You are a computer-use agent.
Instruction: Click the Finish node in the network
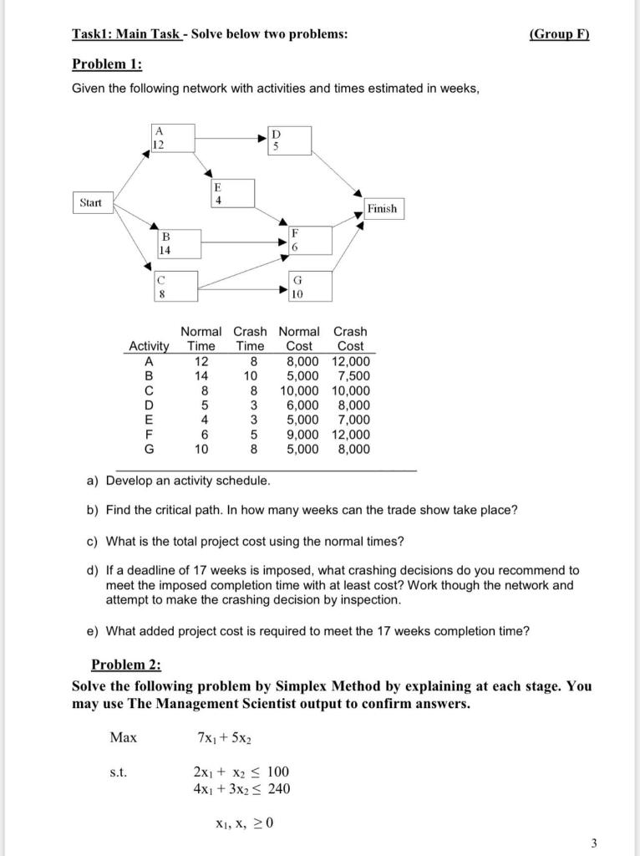coord(382,209)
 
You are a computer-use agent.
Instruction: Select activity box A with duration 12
coord(173,139)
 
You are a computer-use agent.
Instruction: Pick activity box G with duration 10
coord(309,286)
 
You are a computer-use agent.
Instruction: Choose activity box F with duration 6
coord(309,241)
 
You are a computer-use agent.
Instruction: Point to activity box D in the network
coord(289,140)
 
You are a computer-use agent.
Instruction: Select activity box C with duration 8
coord(176,286)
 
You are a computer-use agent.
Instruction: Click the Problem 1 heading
coord(107,64)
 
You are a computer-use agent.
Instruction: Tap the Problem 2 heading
coord(125,665)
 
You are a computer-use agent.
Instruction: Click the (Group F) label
coord(559,34)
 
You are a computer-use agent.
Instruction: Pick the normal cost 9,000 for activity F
coord(302,435)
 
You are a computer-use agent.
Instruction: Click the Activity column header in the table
coord(149,346)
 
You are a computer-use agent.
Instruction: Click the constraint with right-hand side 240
coord(242,788)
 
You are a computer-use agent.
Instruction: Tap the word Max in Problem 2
coord(124,738)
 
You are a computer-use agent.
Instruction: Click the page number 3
coord(594,843)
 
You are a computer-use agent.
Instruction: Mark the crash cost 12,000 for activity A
coord(350,361)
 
